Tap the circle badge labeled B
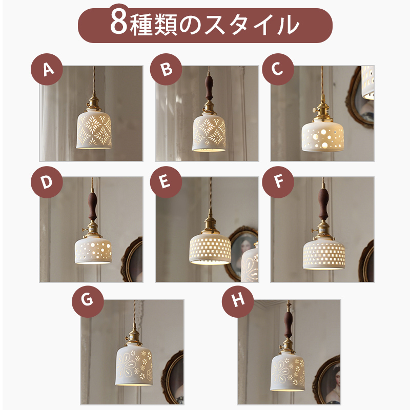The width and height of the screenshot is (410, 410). click(x=166, y=69)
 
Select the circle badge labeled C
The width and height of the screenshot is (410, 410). click(x=277, y=69)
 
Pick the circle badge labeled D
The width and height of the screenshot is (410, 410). click(x=47, y=182)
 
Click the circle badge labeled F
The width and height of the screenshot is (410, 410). click(x=277, y=182)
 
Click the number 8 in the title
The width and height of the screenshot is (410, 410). click(x=118, y=24)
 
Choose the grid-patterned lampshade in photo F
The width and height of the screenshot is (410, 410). click(x=324, y=251)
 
